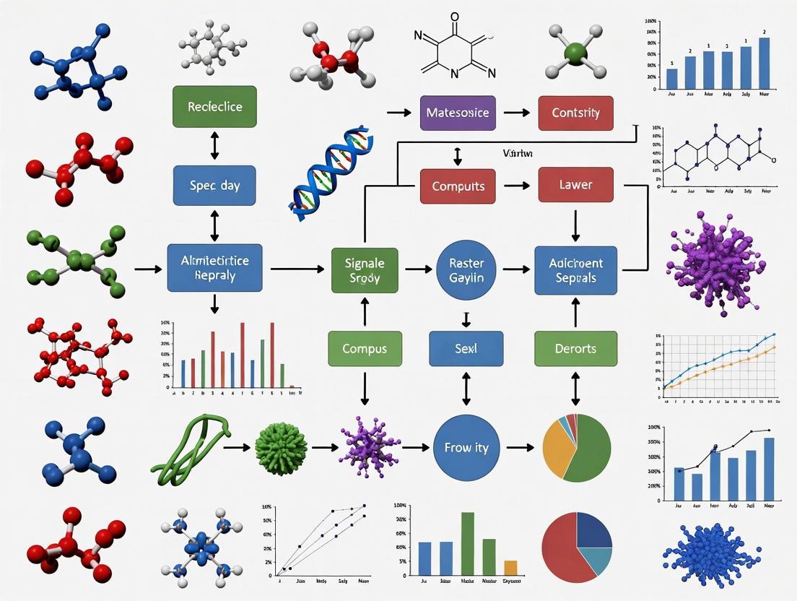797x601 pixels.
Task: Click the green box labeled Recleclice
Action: coord(214,106)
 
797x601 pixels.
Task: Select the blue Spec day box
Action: coord(214,185)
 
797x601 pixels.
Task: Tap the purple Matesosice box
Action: coord(457,113)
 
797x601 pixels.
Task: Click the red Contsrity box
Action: coord(575,113)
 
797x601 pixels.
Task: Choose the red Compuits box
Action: coord(458,186)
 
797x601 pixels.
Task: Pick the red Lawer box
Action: coord(575,185)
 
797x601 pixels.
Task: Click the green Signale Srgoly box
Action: coord(364,269)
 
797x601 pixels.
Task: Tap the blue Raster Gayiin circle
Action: coord(466,269)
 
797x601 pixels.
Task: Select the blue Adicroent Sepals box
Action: coord(575,269)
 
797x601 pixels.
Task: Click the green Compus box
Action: coord(364,348)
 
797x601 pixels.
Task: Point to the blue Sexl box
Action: coord(466,348)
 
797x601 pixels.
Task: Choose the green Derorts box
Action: coord(575,348)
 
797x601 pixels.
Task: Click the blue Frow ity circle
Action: coord(466,448)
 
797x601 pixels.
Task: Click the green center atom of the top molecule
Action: coord(575,53)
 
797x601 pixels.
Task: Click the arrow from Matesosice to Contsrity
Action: coord(516,113)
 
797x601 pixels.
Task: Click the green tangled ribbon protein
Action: coord(191,451)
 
